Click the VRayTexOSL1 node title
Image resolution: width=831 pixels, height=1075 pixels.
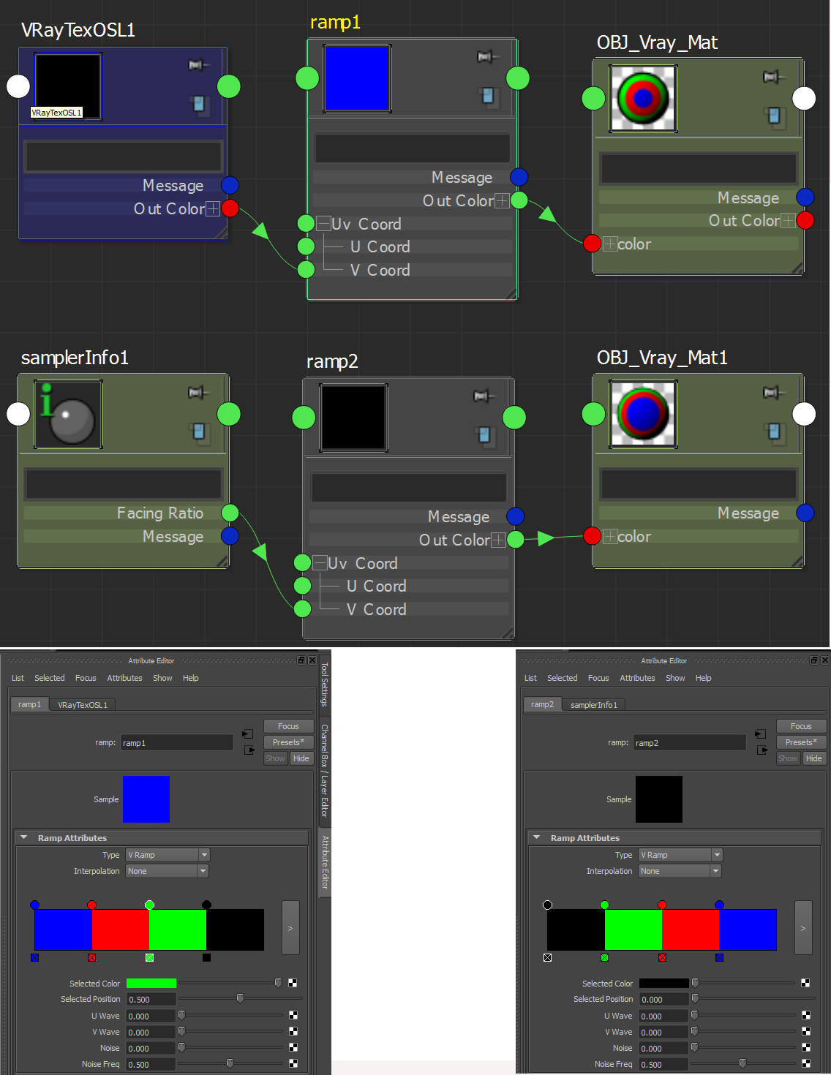point(78,30)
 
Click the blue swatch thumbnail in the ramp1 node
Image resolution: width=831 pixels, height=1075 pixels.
point(356,78)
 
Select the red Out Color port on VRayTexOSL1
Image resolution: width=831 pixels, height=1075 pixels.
point(230,208)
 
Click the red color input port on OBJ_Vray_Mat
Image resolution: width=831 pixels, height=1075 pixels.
point(592,244)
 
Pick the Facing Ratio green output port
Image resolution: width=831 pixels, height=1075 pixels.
point(230,513)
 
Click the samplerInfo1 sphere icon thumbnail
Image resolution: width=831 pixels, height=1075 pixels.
point(68,414)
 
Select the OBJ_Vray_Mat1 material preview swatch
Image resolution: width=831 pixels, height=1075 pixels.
point(644,414)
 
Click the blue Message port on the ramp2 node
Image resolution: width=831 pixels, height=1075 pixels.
point(515,516)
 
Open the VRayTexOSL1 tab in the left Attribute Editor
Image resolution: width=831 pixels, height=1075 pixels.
point(83,705)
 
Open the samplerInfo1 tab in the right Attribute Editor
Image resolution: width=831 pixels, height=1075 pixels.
point(594,705)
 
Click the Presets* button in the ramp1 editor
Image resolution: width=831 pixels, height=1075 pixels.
point(288,742)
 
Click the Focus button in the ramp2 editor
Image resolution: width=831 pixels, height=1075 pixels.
point(801,726)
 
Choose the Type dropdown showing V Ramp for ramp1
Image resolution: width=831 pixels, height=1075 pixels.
point(168,855)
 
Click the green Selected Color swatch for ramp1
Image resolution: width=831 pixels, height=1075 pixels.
point(151,984)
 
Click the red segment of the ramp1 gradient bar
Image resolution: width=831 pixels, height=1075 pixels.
point(120,929)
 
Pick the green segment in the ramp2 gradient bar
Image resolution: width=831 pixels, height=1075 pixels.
point(633,929)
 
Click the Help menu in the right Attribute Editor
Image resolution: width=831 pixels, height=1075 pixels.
point(703,678)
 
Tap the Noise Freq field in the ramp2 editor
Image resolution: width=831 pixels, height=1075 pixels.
point(663,1065)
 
